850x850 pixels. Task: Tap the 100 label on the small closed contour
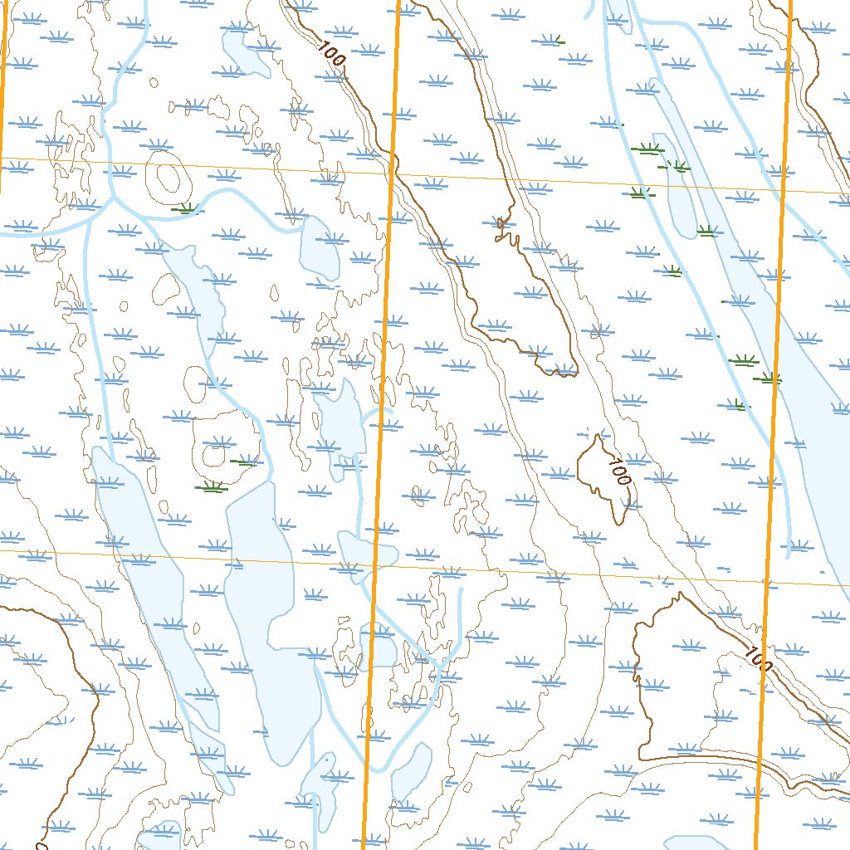coord(618,470)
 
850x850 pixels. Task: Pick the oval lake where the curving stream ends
coord(320,247)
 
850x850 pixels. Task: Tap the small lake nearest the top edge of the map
coord(245,54)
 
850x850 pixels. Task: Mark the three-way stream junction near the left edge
coord(110,199)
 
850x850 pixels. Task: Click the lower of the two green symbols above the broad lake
coord(211,487)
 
